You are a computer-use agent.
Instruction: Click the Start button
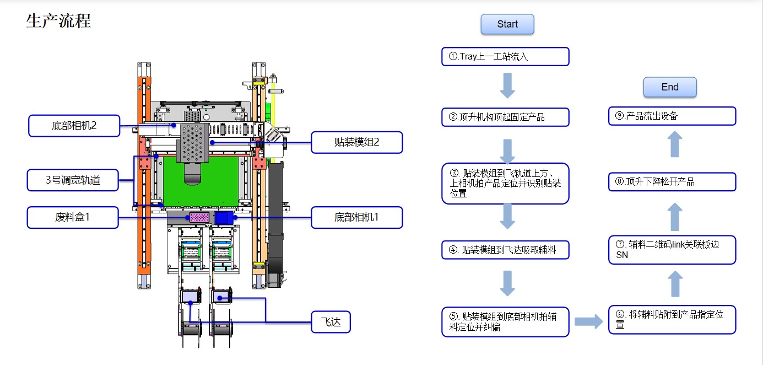click(507, 24)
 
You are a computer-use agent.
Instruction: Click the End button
click(670, 87)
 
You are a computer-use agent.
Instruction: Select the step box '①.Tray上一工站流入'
click(505, 56)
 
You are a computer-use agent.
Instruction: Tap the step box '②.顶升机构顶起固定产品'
click(505, 117)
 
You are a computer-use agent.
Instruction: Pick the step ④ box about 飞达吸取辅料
click(505, 250)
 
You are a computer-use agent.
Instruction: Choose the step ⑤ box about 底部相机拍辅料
click(505, 322)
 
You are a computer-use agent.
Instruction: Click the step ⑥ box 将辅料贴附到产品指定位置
click(672, 319)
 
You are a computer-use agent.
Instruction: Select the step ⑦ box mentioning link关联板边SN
click(672, 250)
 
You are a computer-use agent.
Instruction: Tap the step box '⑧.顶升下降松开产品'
click(672, 182)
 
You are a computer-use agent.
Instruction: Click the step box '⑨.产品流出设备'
click(672, 116)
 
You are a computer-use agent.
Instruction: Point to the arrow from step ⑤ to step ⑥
click(588, 322)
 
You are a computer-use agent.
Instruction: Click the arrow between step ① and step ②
click(507, 87)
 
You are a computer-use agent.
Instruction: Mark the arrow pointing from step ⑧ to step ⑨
click(675, 145)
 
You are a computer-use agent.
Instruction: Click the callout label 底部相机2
click(73, 126)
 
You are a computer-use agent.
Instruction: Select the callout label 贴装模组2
click(357, 143)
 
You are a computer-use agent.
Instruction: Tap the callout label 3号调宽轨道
click(73, 180)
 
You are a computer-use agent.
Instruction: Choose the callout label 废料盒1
click(73, 217)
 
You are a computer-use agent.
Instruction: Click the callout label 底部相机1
click(357, 217)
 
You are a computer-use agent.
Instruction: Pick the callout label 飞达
click(331, 322)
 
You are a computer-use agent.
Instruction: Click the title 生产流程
click(58, 21)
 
